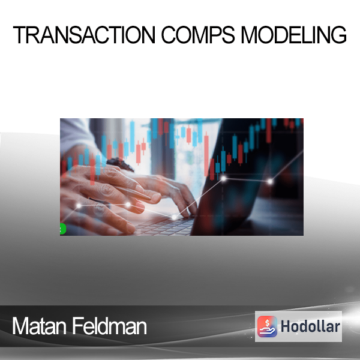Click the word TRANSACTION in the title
tap(84, 35)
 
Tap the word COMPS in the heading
tap(198, 35)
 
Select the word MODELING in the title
tap(293, 35)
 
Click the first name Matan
tap(39, 326)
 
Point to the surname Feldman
tap(110, 326)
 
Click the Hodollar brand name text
tap(310, 326)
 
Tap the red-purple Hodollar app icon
tap(267, 326)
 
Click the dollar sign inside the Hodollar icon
tap(267, 323)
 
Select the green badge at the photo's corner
tap(62, 229)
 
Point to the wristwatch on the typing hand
tap(121, 164)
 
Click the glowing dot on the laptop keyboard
tap(174, 217)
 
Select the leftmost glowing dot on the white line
tap(79, 206)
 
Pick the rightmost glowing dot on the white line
tap(270, 182)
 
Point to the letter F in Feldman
tap(77, 326)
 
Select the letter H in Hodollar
tap(285, 326)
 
